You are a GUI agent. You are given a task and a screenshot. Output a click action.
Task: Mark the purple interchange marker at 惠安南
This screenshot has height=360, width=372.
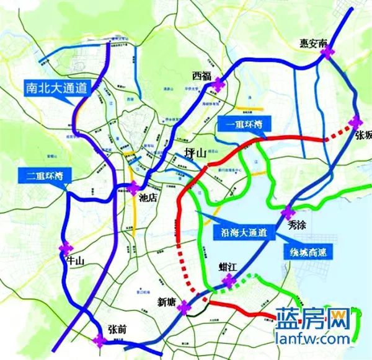pyautogui.click(x=327, y=53)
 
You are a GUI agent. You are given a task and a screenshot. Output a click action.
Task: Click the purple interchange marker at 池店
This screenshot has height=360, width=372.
pyautogui.click(x=135, y=188)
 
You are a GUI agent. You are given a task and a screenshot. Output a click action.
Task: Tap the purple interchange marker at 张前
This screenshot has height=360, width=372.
pyautogui.click(x=99, y=339)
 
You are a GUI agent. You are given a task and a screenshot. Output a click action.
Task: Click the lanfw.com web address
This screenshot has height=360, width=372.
pyautogui.click(x=311, y=340)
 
